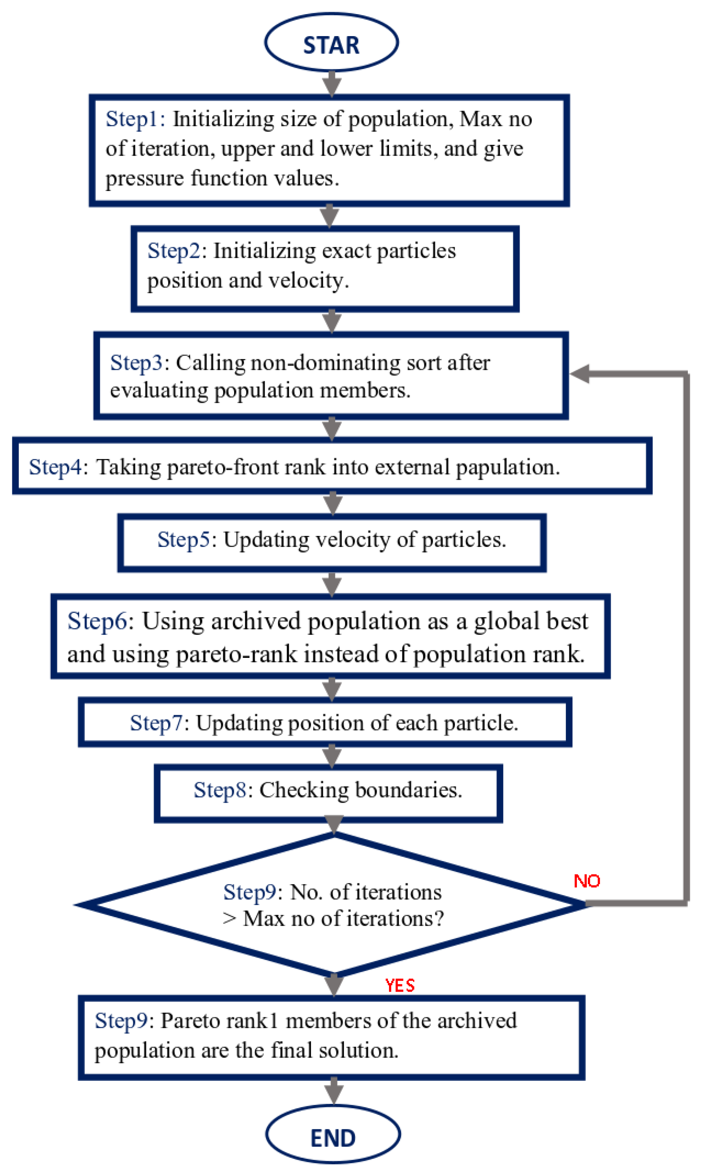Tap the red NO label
pyautogui.click(x=587, y=881)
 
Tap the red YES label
pyautogui.click(x=400, y=985)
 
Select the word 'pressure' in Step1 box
pyautogui.click(x=145, y=179)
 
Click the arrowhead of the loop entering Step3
pyautogui.click(x=580, y=374)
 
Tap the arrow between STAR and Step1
pyautogui.click(x=332, y=83)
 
